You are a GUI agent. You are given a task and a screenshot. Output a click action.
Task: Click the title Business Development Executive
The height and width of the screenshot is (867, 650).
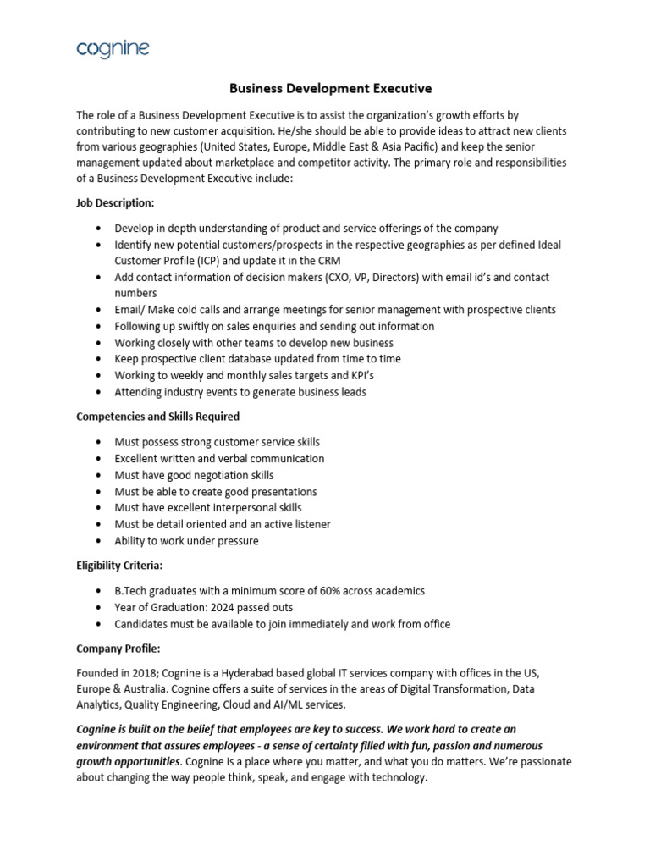(331, 87)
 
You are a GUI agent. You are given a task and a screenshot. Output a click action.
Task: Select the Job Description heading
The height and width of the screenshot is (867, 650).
(114, 203)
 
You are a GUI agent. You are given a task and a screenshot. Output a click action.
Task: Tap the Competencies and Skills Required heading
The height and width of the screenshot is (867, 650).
(158, 417)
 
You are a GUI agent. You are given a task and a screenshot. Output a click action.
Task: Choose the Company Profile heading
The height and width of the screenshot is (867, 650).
(113, 648)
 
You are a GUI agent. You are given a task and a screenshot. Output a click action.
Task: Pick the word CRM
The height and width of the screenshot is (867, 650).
(329, 261)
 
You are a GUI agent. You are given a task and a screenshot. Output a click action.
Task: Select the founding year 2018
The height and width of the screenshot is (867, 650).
(146, 672)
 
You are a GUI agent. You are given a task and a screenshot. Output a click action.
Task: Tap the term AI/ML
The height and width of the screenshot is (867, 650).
(383, 705)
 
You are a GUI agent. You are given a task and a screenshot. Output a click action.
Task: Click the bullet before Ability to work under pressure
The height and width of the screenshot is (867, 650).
(99, 541)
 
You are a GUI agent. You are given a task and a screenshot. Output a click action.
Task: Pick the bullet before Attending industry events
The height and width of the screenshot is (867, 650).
(99, 392)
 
